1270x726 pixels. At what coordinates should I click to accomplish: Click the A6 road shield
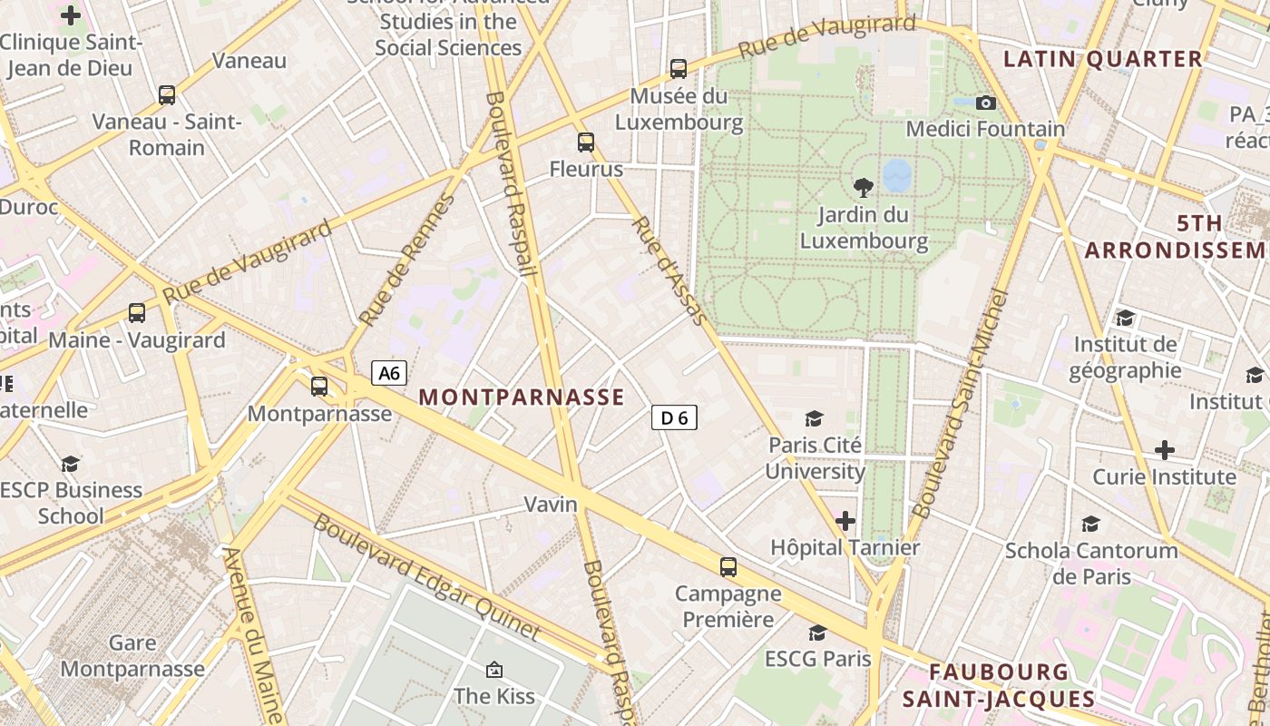(389, 373)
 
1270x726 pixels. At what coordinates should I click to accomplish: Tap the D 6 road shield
(674, 417)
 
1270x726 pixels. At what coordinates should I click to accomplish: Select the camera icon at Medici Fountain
(986, 103)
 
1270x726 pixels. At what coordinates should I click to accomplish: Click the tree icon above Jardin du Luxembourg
(864, 188)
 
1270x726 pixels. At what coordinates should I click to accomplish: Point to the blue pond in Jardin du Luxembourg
(897, 175)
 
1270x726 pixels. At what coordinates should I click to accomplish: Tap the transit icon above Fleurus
(586, 142)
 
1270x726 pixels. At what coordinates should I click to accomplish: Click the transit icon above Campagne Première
(728, 567)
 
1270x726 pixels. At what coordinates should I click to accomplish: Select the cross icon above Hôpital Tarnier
(845, 521)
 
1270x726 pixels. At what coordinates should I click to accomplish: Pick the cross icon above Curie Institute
(1164, 450)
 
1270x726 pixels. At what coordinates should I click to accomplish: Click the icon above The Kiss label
(494, 670)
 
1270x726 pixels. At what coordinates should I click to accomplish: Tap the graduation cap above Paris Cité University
(814, 418)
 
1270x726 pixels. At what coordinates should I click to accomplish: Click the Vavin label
(551, 504)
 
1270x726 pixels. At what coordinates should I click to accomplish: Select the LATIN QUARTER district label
(1102, 60)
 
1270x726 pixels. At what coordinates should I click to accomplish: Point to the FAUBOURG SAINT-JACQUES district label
(999, 685)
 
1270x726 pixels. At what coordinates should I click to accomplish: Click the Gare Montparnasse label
(132, 656)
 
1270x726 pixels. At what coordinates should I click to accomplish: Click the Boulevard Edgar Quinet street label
(426, 577)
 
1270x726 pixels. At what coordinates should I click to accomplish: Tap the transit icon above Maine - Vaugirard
(137, 313)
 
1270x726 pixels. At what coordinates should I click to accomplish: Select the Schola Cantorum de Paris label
(1091, 563)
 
